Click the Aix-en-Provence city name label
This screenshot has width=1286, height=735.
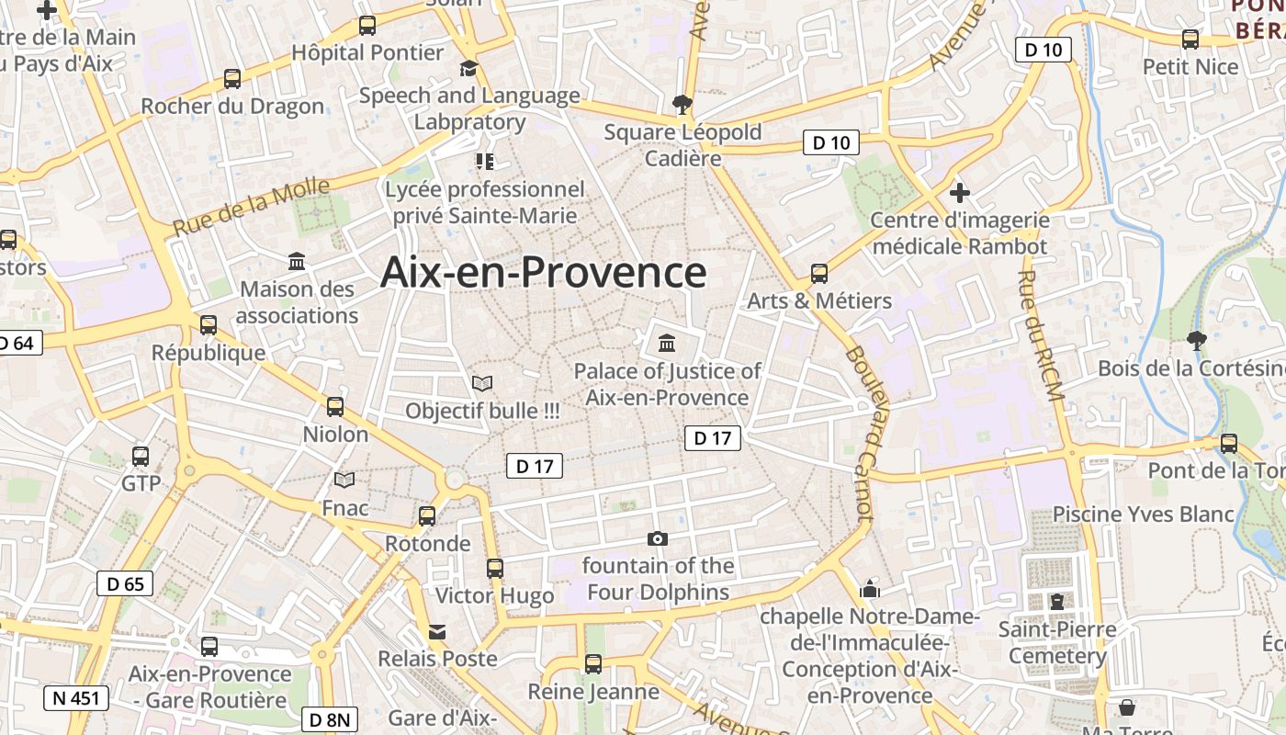pos(544,272)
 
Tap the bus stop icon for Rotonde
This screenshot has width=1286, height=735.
pos(427,516)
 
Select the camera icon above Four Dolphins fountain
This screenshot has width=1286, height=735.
pos(658,538)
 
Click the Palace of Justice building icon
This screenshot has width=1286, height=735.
pos(667,344)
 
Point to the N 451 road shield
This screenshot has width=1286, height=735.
pos(76,698)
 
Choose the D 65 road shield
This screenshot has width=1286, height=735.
pos(125,583)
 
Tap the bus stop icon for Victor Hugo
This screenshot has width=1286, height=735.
pos(495,569)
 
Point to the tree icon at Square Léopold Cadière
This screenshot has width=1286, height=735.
pos(682,104)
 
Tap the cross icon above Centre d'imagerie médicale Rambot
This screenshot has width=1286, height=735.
pos(960,193)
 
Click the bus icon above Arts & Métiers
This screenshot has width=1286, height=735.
pos(818,274)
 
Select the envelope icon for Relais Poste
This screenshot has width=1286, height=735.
pos(437,632)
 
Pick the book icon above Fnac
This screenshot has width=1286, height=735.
pos(344,481)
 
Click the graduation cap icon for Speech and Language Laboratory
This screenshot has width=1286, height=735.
pos(469,69)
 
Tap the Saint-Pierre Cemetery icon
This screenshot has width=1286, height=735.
pos(1056,603)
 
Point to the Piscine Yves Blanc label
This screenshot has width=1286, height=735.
pos(1143,514)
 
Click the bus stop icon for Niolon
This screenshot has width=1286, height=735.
pos(335,407)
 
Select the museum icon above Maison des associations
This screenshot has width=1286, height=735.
pos(297,262)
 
